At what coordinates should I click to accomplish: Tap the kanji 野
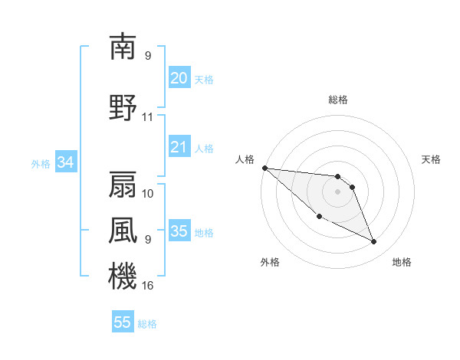(x=123, y=107)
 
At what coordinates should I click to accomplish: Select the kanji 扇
(x=123, y=185)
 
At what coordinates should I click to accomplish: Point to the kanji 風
(x=123, y=230)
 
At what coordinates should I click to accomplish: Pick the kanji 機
(x=123, y=277)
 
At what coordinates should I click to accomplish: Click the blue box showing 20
(x=179, y=78)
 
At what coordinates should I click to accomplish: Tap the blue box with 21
(x=179, y=147)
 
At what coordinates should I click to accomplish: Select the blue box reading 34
(x=65, y=162)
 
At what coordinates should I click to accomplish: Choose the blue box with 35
(x=179, y=231)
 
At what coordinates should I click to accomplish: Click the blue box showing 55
(x=123, y=322)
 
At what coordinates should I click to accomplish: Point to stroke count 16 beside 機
(x=148, y=286)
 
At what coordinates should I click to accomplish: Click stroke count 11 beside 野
(x=148, y=117)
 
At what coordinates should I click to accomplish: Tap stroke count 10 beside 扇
(x=148, y=193)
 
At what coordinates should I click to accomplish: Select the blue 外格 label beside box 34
(x=41, y=163)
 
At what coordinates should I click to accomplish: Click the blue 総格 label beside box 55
(x=147, y=324)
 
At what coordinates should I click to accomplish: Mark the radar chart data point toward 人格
(x=264, y=168)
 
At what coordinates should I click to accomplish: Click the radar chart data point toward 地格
(x=374, y=242)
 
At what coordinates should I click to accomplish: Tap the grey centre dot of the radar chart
(x=337, y=191)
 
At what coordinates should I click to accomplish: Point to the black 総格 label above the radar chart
(x=337, y=100)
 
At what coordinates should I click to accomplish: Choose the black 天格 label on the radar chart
(x=431, y=159)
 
